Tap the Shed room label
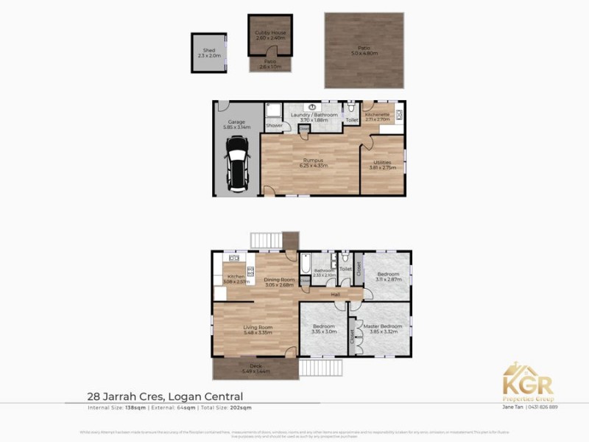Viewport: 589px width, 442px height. (209, 52)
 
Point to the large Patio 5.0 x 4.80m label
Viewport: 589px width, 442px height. (363, 51)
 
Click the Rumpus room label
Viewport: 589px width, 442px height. (313, 162)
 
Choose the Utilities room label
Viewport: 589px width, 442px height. (382, 164)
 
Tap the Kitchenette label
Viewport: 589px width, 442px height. (377, 116)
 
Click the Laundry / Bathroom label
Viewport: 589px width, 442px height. (314, 116)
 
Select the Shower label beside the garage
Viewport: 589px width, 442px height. (274, 125)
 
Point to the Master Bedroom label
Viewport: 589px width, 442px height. (381, 328)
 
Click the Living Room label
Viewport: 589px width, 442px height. (258, 329)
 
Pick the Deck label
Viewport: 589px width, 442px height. (255, 368)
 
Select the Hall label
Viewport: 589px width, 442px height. (335, 295)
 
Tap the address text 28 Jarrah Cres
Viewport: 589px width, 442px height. (126, 397)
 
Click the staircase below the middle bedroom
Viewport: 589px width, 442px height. (323, 367)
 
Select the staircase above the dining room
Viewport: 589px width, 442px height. (267, 240)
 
